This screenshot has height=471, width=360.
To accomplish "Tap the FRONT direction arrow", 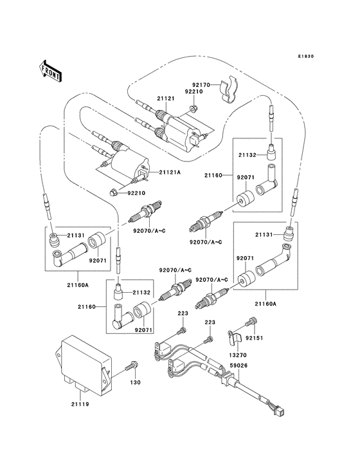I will (50, 69).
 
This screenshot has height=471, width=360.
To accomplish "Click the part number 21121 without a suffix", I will (166, 98).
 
